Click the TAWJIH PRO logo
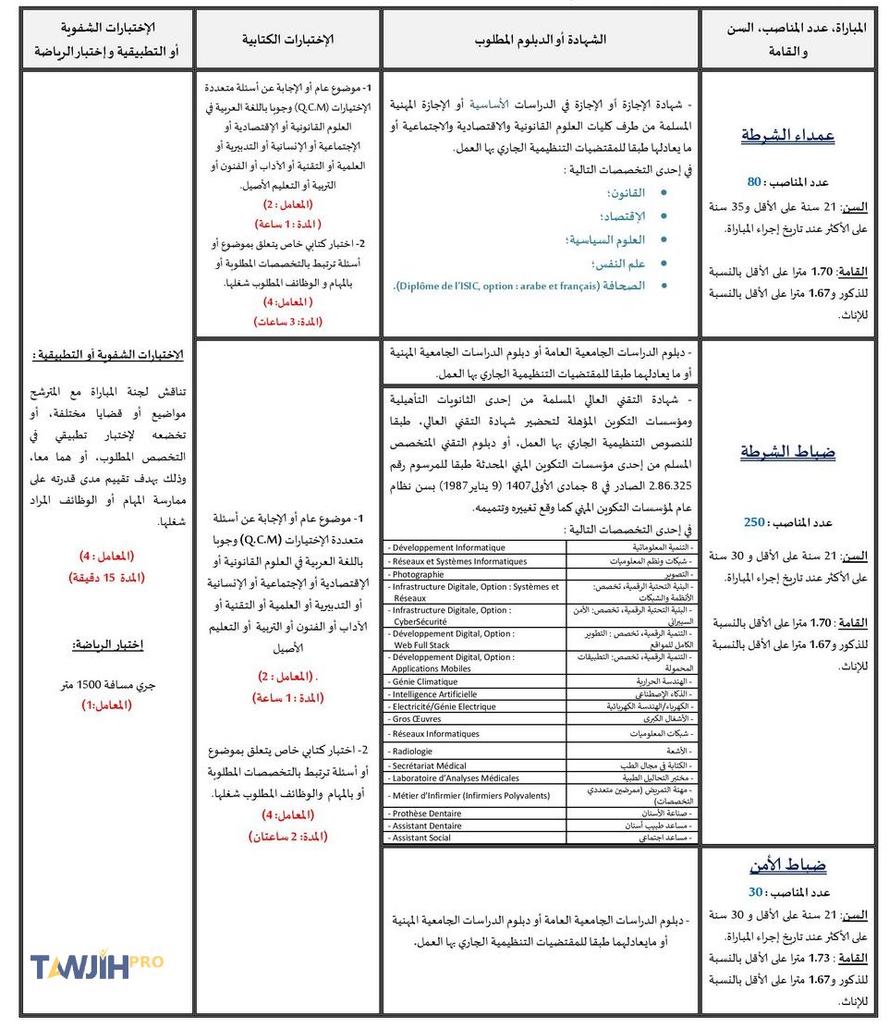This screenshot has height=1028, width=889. point(96,966)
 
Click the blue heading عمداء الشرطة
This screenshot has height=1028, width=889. point(787,135)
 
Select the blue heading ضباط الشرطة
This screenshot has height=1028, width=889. point(787,452)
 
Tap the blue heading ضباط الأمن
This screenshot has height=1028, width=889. point(787,866)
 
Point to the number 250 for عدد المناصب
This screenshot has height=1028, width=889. point(755,522)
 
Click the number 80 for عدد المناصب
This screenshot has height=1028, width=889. point(754,182)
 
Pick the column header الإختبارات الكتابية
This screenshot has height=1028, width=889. point(287,39)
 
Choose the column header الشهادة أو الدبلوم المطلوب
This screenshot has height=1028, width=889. point(541,39)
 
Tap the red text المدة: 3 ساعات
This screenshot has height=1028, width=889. point(287,322)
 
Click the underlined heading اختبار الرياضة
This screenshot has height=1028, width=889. point(108,644)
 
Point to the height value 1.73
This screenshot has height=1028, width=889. point(822,959)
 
